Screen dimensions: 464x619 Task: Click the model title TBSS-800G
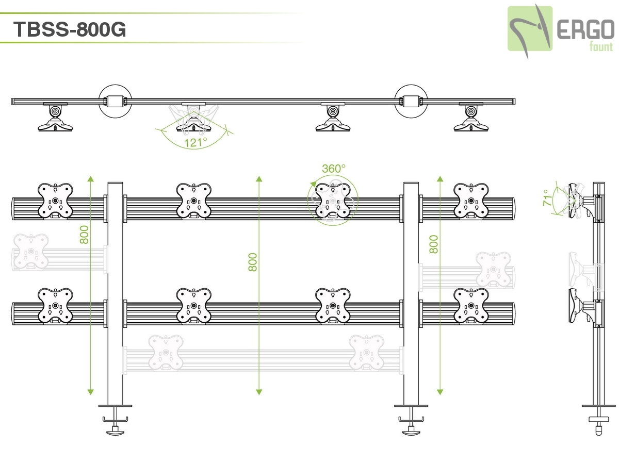click(x=70, y=29)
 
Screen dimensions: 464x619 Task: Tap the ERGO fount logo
click(x=560, y=29)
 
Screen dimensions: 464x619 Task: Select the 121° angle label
click(x=195, y=142)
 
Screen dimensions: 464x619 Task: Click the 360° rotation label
click(x=334, y=169)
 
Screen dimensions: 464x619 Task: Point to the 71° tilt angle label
click(x=547, y=197)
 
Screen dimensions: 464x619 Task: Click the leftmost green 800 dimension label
click(x=85, y=235)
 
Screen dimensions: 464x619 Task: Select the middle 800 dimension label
click(x=253, y=262)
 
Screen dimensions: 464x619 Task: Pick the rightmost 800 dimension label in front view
click(x=434, y=244)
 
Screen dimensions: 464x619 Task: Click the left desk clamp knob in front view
click(x=116, y=430)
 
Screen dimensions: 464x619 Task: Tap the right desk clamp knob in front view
click(x=411, y=430)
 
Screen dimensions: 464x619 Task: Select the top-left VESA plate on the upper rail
click(x=55, y=201)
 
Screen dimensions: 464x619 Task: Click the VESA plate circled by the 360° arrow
click(x=332, y=201)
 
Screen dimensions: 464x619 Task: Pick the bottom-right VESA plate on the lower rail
click(x=470, y=306)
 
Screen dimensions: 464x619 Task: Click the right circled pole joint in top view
click(x=411, y=101)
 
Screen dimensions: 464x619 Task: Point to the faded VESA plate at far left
click(x=31, y=252)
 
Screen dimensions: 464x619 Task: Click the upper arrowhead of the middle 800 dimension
click(x=259, y=179)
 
